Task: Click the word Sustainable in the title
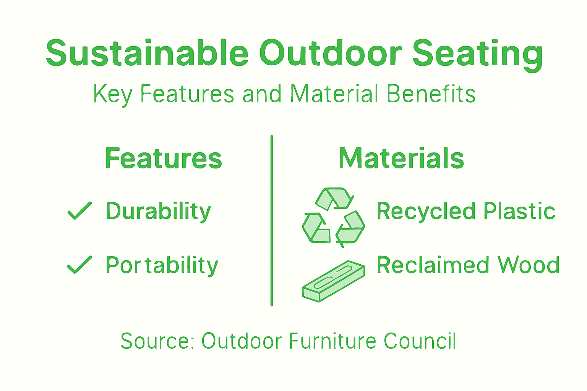pyautogui.click(x=147, y=53)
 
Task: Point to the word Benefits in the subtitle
pyautogui.click(x=431, y=94)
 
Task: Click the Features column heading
pyautogui.click(x=163, y=158)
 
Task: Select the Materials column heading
pyautogui.click(x=401, y=158)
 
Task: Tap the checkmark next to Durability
pyautogui.click(x=79, y=210)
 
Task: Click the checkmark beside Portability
pyautogui.click(x=79, y=265)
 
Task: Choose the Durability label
pyautogui.click(x=158, y=212)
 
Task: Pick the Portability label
pyautogui.click(x=162, y=265)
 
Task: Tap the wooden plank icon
pyautogui.click(x=333, y=281)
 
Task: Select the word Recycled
pyautogui.click(x=426, y=211)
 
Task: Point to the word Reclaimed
pyautogui.click(x=433, y=265)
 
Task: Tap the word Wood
pyautogui.click(x=529, y=265)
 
